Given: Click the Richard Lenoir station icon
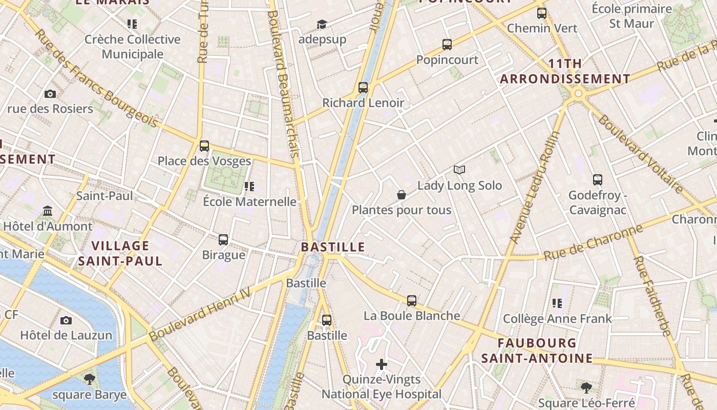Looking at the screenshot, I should [363, 88].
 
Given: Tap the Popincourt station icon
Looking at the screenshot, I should [447, 45].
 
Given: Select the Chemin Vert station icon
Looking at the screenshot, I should [542, 13].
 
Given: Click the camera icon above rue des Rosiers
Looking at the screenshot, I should [50, 94].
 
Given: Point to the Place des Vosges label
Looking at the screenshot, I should [204, 161].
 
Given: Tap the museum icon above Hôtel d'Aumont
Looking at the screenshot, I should [48, 211].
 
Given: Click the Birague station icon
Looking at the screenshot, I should [223, 239].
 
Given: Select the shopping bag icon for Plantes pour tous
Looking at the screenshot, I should [402, 195].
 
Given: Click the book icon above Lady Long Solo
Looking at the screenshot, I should [459, 170].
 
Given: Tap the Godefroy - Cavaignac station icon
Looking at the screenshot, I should [598, 180].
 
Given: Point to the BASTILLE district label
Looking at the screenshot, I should [333, 247].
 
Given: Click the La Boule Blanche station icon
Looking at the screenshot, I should [412, 301].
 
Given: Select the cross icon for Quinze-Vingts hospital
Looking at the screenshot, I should [382, 364].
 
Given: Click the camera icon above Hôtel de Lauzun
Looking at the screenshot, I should [66, 321].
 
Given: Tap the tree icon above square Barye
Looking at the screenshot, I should [90, 379].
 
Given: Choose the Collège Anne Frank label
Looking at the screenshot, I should [557, 319].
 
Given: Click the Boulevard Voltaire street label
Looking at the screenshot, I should [640, 153].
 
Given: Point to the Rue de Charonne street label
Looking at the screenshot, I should [593, 242].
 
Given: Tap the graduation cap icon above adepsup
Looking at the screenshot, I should [322, 24].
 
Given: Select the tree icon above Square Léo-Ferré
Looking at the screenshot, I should [586, 387].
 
